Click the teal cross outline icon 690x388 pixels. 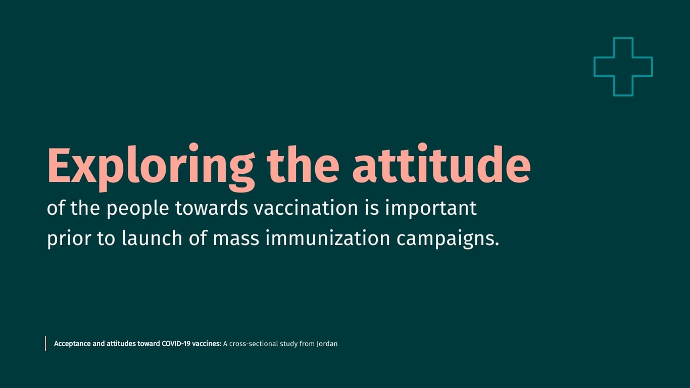(x=623, y=66)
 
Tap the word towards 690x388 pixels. (x=212, y=208)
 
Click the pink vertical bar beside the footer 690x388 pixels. (x=45, y=344)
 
